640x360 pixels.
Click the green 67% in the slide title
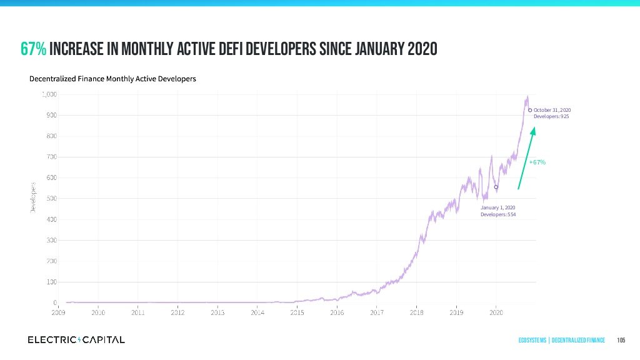click(33, 49)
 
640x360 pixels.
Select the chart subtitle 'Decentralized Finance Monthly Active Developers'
click(112, 79)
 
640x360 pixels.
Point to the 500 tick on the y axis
click(51, 199)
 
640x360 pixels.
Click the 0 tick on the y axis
click(55, 302)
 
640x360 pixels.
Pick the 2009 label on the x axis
click(58, 311)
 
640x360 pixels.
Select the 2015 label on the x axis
click(297, 311)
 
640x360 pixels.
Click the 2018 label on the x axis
click(416, 311)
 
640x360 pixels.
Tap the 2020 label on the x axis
click(496, 311)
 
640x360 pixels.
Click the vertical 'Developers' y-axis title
click(31, 197)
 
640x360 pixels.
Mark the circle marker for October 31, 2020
click(530, 110)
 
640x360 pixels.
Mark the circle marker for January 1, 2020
click(496, 187)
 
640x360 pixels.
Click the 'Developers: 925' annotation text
click(551, 117)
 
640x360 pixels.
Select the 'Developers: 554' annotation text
click(498, 214)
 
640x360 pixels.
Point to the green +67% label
click(537, 162)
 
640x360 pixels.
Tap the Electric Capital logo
click(76, 340)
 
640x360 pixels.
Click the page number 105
click(621, 340)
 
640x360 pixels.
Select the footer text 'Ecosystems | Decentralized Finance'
click(561, 340)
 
